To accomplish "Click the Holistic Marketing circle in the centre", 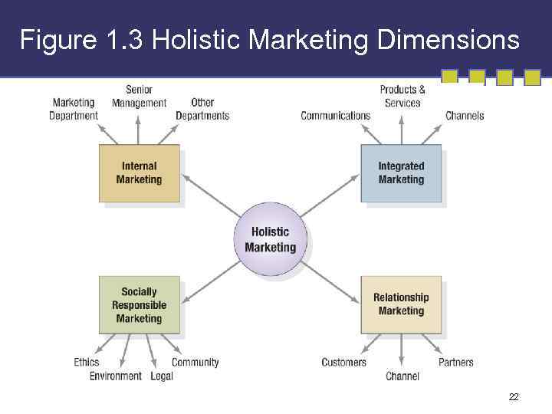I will click(270, 239).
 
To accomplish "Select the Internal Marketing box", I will click(140, 173).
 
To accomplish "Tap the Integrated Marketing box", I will click(401, 173).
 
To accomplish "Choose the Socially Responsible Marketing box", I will click(139, 305).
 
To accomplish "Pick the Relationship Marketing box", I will click(401, 304).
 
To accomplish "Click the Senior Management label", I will click(139, 97).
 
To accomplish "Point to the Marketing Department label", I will click(74, 109).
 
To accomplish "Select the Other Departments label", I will click(202, 109).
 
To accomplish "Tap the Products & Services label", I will click(402, 97).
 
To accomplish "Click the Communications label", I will click(335, 116).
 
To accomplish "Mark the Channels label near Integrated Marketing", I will click(465, 116).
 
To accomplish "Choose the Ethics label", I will click(87, 362).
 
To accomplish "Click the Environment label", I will click(116, 376).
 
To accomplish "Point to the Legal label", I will click(162, 376).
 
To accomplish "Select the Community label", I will click(195, 362).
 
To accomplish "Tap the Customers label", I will click(343, 362).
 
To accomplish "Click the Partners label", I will click(456, 362).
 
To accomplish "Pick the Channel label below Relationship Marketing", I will click(402, 376).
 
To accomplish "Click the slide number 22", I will click(514, 397).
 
